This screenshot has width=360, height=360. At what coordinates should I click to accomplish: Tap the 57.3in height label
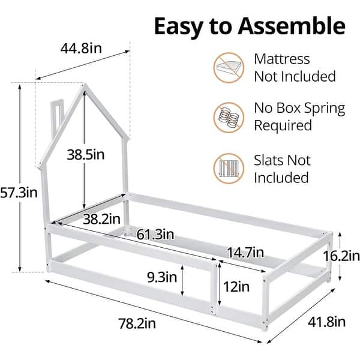tap(19, 193)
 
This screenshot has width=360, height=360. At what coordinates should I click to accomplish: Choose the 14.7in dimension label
tap(245, 252)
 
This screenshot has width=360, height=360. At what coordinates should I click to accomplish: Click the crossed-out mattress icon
tap(229, 67)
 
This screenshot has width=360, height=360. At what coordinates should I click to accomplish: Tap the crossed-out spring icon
tap(229, 117)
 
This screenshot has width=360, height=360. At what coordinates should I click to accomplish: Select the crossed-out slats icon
tap(229, 169)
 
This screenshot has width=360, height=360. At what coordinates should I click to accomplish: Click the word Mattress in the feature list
tap(282, 59)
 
